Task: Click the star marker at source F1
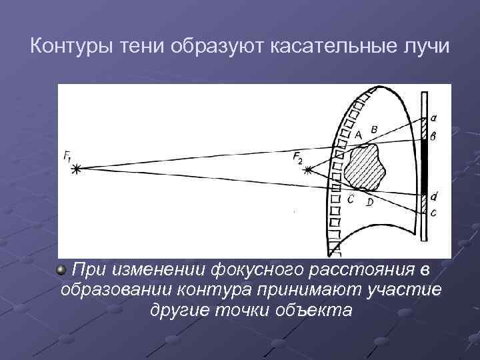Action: point(77,169)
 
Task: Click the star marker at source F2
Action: point(307,171)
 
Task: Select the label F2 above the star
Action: point(297,157)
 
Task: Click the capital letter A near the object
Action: point(358,134)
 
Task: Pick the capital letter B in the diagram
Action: point(373,129)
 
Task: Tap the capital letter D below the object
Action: point(369,201)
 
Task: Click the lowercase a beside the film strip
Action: point(434,118)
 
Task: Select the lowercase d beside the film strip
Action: point(434,196)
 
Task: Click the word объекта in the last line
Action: point(312,310)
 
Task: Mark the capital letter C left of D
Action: point(351,199)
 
